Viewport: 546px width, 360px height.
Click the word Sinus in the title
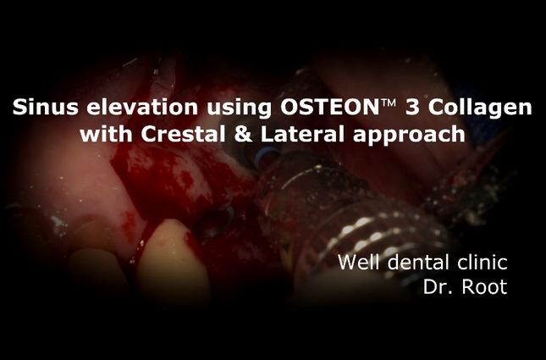point(45,107)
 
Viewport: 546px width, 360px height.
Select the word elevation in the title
point(142,107)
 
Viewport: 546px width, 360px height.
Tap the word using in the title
point(240,108)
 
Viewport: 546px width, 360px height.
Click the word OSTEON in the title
point(329,107)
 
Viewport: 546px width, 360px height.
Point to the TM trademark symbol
point(389,103)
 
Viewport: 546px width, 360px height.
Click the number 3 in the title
point(412,108)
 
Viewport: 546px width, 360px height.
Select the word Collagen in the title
point(480,108)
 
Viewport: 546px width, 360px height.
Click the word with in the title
point(106,134)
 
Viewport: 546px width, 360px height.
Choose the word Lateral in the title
point(302,134)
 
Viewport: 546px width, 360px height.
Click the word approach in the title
point(409,136)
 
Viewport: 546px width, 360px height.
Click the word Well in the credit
point(358,262)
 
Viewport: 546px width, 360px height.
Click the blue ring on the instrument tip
point(264,156)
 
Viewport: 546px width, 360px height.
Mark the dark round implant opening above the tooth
point(212,222)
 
